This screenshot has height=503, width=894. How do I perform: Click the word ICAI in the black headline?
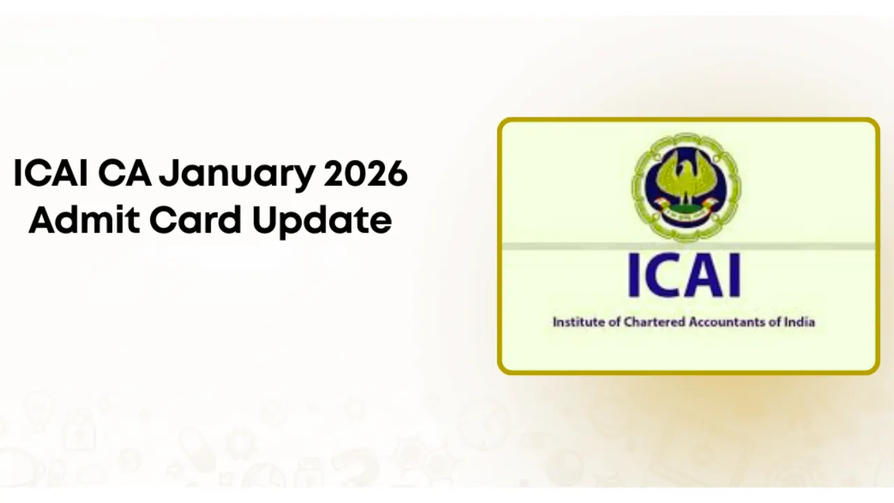click(x=50, y=174)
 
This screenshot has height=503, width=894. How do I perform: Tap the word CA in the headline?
click(x=124, y=174)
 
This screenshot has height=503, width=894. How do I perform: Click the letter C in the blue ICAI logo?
click(x=659, y=276)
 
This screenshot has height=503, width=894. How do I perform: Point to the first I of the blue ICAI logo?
click(x=633, y=276)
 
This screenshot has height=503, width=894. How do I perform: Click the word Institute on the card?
click(x=574, y=322)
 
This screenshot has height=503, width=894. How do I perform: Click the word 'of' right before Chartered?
click(x=606, y=322)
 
